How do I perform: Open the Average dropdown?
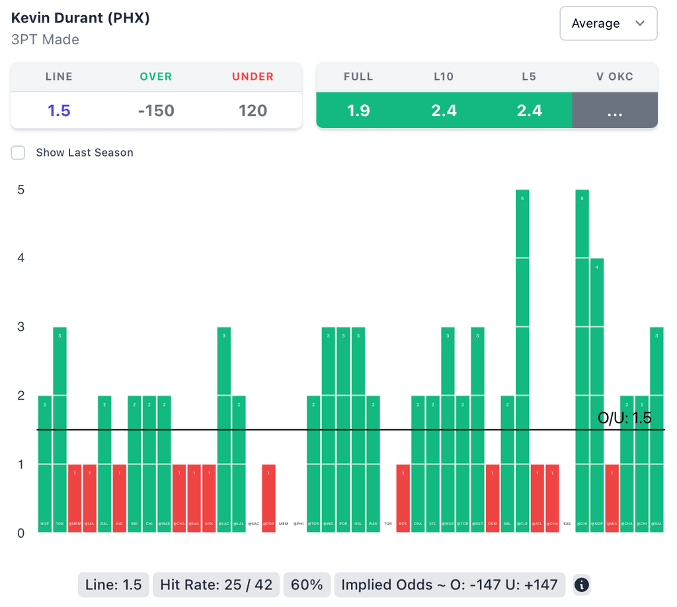608,24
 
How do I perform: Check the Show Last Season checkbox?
19,153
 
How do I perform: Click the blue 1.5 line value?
59,110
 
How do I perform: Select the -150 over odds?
156,110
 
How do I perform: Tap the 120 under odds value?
253,110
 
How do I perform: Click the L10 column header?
444,77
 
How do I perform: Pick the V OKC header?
614,77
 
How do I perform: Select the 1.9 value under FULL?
358,110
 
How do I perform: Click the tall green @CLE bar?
522,360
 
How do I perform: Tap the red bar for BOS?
403,498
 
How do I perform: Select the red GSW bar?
493,498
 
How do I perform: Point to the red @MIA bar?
612,498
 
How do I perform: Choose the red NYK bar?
208,498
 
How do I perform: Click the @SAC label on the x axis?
254,524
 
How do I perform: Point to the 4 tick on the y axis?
20,258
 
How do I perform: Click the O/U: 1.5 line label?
624,418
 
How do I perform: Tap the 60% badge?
307,585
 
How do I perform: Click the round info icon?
581,585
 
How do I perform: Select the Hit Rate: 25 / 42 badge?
216,585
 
